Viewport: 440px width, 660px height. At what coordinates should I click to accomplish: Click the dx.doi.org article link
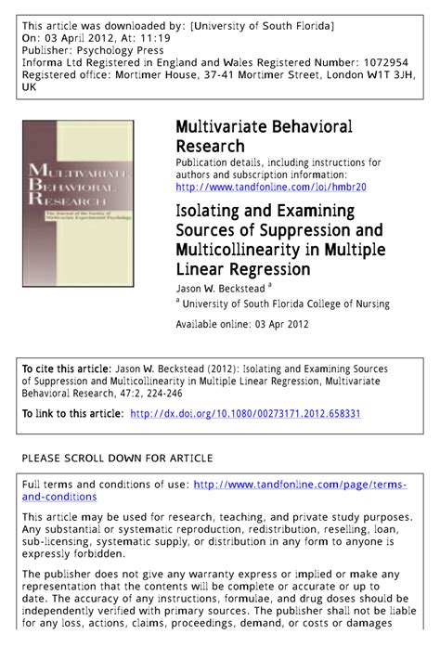[245, 413]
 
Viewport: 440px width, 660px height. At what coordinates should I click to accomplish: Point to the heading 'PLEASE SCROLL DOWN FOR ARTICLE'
[117, 459]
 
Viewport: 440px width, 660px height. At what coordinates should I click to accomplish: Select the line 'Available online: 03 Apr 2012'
[242, 325]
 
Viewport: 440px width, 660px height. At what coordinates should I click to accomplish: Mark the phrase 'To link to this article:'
[72, 413]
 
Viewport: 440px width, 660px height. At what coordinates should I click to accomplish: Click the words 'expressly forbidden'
[72, 554]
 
